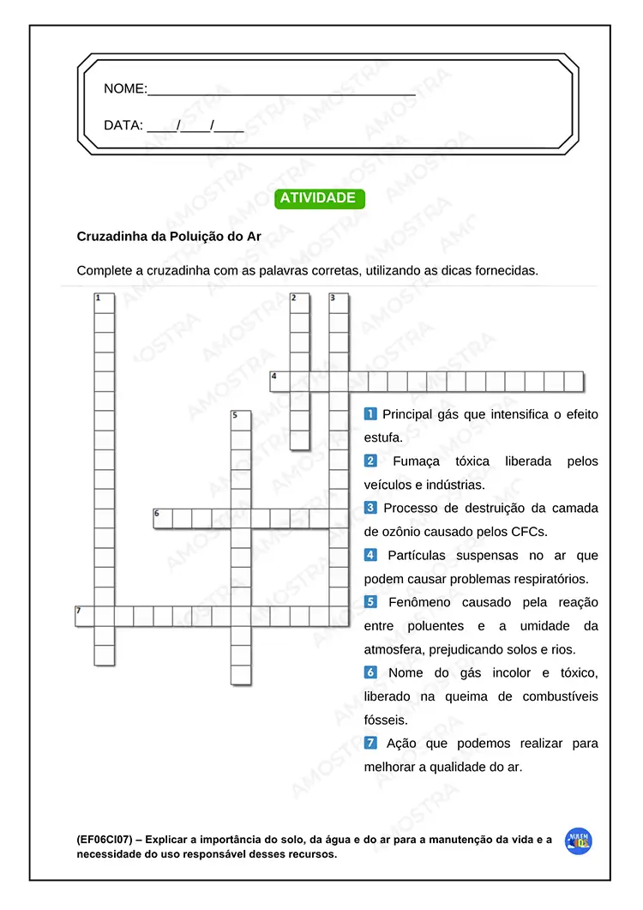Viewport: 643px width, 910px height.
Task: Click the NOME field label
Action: [x=125, y=88]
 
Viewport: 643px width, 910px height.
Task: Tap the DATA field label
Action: [x=123, y=125]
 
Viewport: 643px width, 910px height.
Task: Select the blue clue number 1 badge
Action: [x=370, y=414]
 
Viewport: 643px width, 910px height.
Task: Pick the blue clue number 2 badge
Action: [x=370, y=461]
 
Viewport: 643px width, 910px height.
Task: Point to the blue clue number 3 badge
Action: [x=370, y=508]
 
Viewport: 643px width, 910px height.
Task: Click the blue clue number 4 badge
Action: [x=370, y=555]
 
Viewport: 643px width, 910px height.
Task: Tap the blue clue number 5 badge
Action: [x=370, y=602]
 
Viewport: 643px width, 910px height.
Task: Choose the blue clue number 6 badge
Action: [x=370, y=672]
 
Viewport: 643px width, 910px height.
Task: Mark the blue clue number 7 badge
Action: [x=370, y=743]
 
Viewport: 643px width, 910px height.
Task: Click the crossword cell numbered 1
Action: [x=104, y=303]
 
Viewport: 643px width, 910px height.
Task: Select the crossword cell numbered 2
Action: [x=299, y=303]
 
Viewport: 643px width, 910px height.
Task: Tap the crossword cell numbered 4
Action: [x=279, y=381]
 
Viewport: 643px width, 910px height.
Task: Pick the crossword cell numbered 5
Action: [x=241, y=420]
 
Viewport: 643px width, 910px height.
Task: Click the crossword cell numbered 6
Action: [x=163, y=518]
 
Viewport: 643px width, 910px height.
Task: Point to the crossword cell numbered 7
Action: [x=85, y=616]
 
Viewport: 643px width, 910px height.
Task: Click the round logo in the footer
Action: [x=579, y=841]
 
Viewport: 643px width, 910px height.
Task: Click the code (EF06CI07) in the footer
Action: [x=104, y=840]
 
